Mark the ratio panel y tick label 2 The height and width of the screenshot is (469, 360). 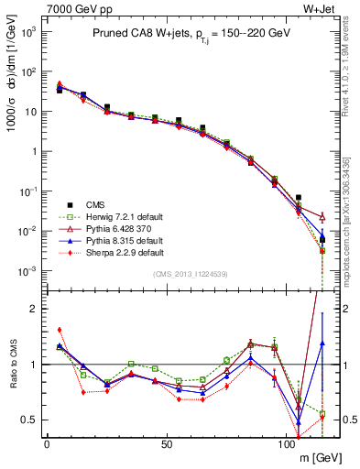(x=30, y=309)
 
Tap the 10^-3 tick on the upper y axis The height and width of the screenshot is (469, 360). (x=27, y=271)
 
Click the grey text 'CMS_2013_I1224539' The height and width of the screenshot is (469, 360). (x=190, y=273)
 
